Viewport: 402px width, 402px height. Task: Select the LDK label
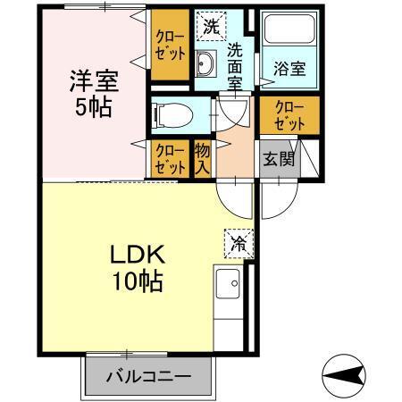click(x=137, y=255)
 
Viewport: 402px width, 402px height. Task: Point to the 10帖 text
click(x=137, y=281)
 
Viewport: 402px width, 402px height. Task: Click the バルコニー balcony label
click(x=150, y=376)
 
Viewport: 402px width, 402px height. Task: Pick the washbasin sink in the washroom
click(x=205, y=65)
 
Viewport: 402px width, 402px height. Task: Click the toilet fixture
click(x=168, y=113)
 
